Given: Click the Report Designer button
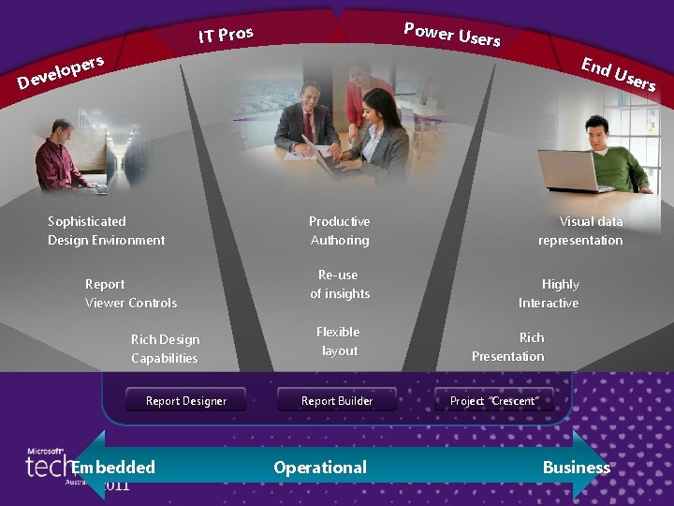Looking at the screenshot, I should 185,400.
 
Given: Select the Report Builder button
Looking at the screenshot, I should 336,400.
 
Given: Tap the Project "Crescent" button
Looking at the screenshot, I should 493,400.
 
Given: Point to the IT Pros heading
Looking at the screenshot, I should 225,36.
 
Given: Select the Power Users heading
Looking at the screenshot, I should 451,34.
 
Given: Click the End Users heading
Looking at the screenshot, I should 617,74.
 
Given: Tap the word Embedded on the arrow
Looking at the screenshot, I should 113,467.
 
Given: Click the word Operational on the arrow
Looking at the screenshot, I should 320,467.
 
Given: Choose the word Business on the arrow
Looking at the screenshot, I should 576,467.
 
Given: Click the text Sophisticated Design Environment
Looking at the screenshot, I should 106,231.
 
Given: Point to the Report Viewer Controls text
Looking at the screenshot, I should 130,293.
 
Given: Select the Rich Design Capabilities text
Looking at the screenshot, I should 165,349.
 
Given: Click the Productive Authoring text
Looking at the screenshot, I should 339,231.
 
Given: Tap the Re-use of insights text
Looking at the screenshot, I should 339,284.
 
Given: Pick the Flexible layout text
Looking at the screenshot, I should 338,341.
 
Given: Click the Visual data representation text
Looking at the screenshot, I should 580,231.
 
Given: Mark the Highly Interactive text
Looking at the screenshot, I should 549,293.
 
